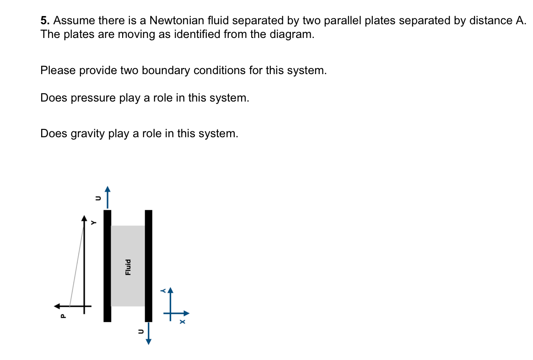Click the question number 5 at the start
pyautogui.click(x=44, y=21)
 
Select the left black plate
pyautogui.click(x=107, y=265)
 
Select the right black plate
pyautogui.click(x=148, y=265)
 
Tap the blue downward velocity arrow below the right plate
pyautogui.click(x=149, y=334)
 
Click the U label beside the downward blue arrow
pyautogui.click(x=141, y=331)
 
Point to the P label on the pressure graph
pyautogui.click(x=63, y=315)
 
